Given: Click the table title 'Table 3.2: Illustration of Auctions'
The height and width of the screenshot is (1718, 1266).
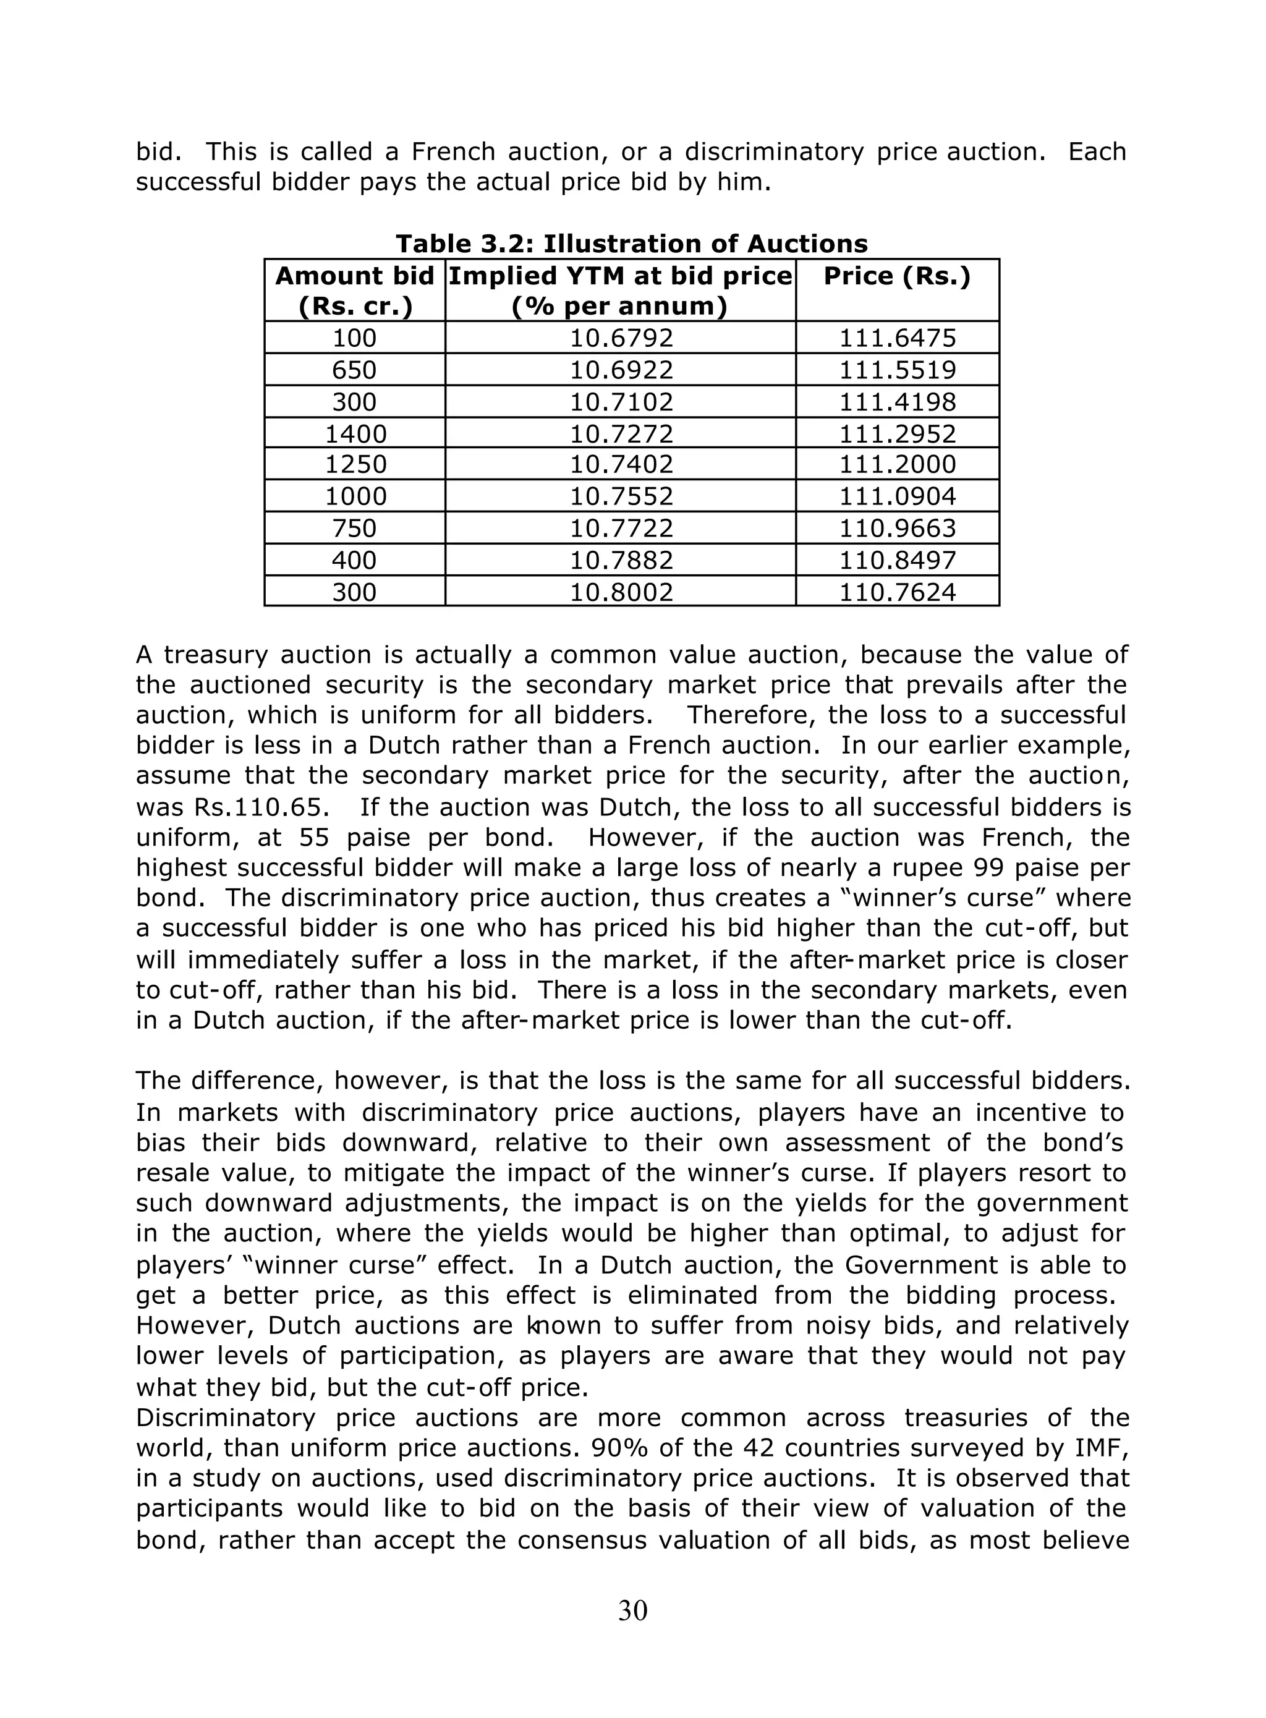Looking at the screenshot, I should point(632,244).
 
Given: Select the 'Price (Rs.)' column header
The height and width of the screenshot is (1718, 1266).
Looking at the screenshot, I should point(896,276).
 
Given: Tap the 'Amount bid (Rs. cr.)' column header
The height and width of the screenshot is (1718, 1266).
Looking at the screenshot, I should point(355,291).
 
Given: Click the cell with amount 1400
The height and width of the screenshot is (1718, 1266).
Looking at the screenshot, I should point(355,435).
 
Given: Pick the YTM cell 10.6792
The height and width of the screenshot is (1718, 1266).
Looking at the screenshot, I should point(621,338).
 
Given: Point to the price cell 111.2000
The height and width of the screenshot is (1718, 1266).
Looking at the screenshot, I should point(898,464).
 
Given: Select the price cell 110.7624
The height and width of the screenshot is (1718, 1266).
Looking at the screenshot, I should point(898,592).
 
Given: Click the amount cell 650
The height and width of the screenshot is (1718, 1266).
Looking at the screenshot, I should point(354,370).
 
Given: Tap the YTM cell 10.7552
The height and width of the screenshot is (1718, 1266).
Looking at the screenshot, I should point(621,496).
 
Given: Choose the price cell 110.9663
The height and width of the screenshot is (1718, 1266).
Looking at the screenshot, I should point(898,529).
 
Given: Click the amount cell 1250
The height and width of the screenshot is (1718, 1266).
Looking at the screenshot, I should point(355,464).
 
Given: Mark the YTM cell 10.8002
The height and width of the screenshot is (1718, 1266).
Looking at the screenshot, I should point(621,592).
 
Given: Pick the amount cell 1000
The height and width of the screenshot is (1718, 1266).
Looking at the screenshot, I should point(355,496).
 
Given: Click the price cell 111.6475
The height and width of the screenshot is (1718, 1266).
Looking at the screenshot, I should point(898,338).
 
